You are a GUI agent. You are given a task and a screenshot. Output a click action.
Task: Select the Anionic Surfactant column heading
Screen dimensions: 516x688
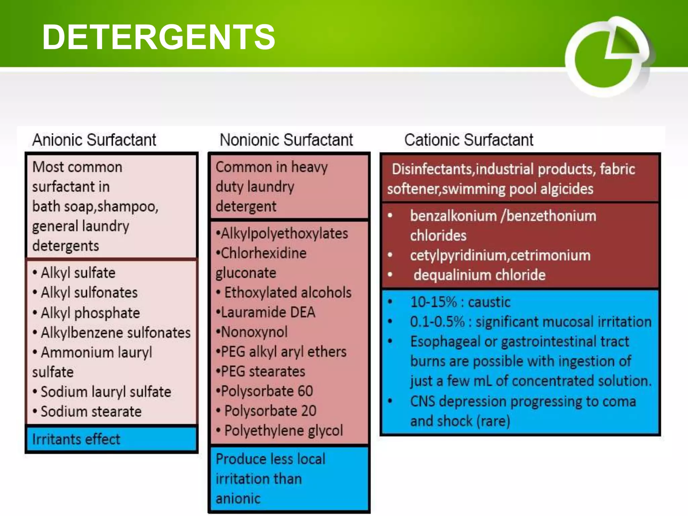[x=94, y=140]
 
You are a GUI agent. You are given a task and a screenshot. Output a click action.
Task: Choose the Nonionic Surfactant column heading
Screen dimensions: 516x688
[x=286, y=140]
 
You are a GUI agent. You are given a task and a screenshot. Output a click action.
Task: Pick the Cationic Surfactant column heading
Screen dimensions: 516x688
[x=469, y=140]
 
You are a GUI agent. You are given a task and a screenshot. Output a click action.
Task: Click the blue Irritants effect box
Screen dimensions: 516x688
[x=111, y=439]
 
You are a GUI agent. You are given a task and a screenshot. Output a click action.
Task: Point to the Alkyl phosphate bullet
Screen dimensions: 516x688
[x=90, y=313]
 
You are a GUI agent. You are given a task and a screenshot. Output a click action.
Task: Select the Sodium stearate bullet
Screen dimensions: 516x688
[x=91, y=412]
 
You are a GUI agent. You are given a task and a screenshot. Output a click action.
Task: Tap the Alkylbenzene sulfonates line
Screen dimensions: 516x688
[x=116, y=333]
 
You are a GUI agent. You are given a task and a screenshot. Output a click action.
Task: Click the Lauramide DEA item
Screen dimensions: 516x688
[x=267, y=312]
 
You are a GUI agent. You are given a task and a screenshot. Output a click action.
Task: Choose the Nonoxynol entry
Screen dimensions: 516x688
[x=254, y=332]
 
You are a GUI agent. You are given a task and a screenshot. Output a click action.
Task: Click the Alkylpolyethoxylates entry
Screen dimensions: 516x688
[x=284, y=233]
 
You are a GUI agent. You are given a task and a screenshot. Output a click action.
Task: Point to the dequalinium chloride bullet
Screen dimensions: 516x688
[x=479, y=275]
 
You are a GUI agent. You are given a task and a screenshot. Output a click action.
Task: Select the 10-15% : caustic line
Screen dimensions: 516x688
[x=460, y=302]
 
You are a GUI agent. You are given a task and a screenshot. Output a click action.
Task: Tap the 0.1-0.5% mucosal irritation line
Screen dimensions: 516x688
[x=530, y=322]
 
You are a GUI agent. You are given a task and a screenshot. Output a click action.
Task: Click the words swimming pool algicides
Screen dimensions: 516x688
[x=517, y=189]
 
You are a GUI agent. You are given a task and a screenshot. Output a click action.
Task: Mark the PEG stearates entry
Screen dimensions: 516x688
[x=263, y=372]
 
